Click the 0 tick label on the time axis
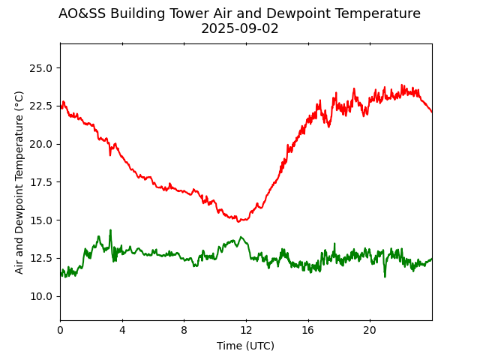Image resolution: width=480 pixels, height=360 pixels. (61, 331)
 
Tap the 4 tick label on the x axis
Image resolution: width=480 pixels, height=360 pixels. (122, 331)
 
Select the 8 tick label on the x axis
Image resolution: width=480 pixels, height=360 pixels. (184, 331)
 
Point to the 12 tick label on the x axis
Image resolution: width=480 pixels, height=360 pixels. (246, 331)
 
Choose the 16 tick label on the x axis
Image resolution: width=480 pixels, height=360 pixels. (308, 331)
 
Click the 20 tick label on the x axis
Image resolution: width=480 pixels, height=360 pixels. (370, 331)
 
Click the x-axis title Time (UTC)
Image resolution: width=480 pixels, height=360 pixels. (246, 346)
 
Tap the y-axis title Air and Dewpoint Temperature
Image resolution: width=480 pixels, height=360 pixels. (19, 182)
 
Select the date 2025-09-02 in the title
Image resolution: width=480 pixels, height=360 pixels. (240, 28)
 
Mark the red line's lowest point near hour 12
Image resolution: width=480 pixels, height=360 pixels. (238, 221)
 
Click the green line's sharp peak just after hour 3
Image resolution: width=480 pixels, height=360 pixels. (110, 230)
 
